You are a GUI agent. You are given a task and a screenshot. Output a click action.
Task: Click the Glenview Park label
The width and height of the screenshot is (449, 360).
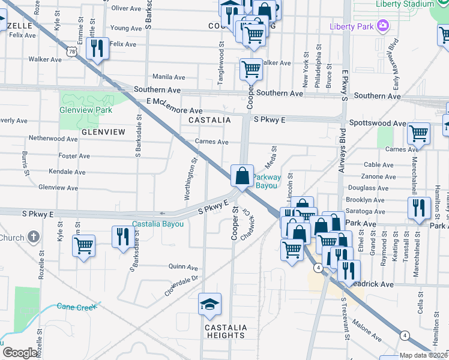[x=86, y=110]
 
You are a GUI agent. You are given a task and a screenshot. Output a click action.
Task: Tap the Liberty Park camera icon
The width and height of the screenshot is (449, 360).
[x=382, y=26]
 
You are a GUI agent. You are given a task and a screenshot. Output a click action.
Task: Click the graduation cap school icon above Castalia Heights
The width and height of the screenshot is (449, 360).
[x=210, y=305]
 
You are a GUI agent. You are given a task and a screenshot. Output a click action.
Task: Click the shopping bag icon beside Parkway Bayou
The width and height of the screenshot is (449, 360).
[x=241, y=176]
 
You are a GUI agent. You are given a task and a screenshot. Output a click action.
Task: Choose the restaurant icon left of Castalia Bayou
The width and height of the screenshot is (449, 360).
[x=122, y=236]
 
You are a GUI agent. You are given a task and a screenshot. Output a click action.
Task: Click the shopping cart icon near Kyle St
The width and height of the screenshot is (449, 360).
[x=83, y=245]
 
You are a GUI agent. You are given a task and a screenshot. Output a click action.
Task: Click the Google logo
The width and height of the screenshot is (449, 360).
[x=20, y=353]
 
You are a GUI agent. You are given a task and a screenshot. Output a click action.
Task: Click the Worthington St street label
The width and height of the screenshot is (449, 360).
[x=190, y=178]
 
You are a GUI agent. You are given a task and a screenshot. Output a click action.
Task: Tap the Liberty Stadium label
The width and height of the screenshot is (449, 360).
[x=403, y=4]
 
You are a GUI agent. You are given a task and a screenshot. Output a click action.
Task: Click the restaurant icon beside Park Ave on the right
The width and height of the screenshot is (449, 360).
[x=418, y=208]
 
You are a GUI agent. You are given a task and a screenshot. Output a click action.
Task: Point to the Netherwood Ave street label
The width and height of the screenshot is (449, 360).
[x=53, y=139]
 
